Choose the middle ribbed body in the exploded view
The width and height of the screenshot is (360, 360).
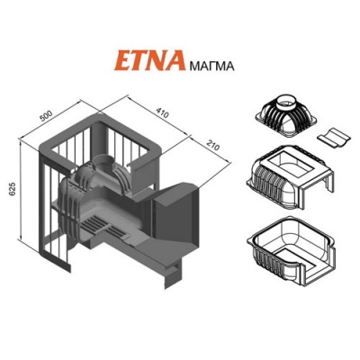pyautogui.click(x=288, y=175)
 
